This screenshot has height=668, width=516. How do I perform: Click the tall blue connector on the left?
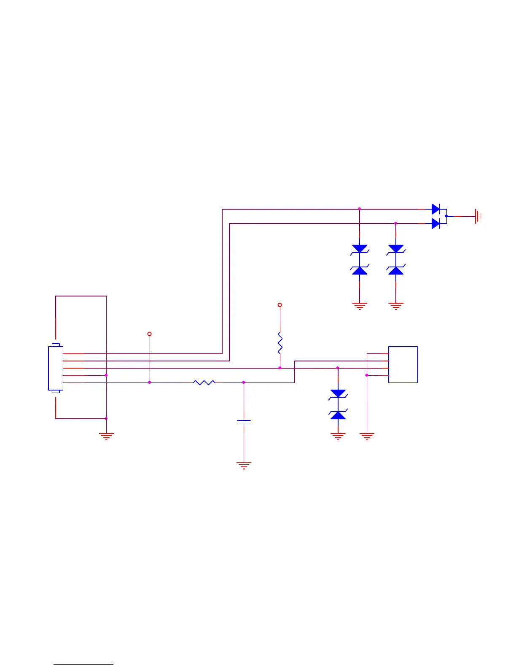pyautogui.click(x=56, y=368)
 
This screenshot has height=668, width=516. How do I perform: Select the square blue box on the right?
pyautogui.click(x=403, y=364)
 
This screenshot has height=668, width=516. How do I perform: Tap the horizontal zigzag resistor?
pyautogui.click(x=204, y=382)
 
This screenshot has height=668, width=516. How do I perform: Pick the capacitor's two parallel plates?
pyautogui.click(x=244, y=422)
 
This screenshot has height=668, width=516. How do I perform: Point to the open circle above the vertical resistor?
pyautogui.click(x=279, y=305)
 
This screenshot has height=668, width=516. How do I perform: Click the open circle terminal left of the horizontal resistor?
pyautogui.click(x=149, y=334)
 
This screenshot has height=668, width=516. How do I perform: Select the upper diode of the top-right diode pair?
pyautogui.click(x=436, y=209)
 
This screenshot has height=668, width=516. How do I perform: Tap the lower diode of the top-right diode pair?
pyautogui.click(x=436, y=224)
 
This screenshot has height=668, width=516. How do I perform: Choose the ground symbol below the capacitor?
pyautogui.click(x=244, y=466)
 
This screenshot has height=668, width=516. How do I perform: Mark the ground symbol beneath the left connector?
pyautogui.click(x=106, y=436)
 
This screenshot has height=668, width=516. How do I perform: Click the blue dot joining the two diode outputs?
pyautogui.click(x=446, y=216)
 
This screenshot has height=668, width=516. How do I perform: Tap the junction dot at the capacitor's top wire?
pyautogui.click(x=244, y=382)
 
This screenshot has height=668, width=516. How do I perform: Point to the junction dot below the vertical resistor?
pyautogui.click(x=280, y=368)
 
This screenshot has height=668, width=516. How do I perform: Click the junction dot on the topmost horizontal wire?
pyautogui.click(x=359, y=209)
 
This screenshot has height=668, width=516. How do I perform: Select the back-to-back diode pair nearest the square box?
pyautogui.click(x=338, y=404)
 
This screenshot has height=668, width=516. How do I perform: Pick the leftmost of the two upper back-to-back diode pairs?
pyautogui.click(x=360, y=260)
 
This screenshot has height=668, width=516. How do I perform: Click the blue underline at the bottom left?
pyautogui.click(x=83, y=665)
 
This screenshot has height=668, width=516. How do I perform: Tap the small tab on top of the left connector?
pyautogui.click(x=56, y=345)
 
